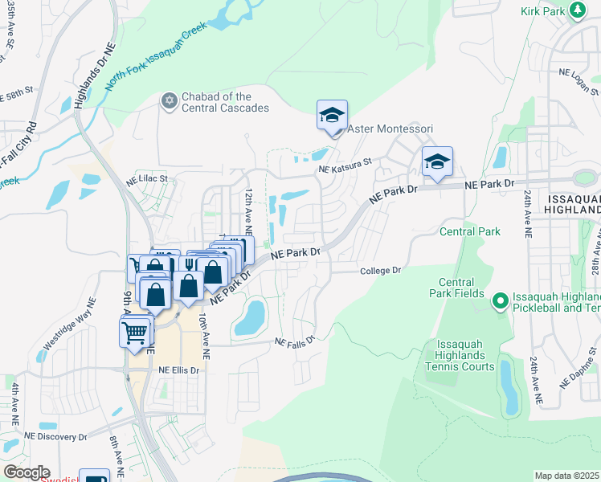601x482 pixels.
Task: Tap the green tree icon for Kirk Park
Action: (576, 10)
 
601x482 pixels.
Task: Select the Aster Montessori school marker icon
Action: (332, 116)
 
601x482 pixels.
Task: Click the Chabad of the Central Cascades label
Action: (225, 102)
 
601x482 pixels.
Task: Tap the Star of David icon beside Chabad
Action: (169, 100)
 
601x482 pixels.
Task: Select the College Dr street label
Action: (380, 271)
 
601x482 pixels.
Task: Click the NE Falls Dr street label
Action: (294, 341)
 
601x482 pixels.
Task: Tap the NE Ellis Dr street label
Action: (178, 370)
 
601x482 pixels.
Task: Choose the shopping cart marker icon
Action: (136, 330)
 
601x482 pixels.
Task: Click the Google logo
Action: (27, 472)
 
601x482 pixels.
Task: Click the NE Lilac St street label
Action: (145, 178)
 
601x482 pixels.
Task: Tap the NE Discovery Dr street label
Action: (55, 436)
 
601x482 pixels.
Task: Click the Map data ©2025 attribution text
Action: (566, 476)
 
